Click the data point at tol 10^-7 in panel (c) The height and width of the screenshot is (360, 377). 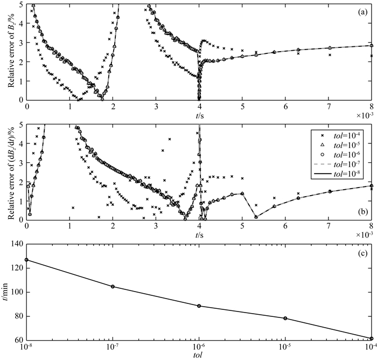click(x=113, y=287)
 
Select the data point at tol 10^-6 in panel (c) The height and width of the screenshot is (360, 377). click(x=199, y=306)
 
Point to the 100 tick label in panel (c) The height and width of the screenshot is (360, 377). click(x=16, y=292)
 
